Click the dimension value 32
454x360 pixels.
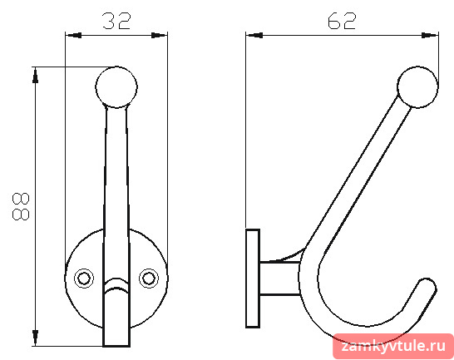[117, 21]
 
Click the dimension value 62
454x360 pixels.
[342, 21]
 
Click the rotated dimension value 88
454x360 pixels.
[21, 206]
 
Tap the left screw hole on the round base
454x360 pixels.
[84, 279]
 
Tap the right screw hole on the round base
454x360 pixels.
[149, 279]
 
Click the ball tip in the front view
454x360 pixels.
[116, 87]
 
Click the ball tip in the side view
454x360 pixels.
[417, 87]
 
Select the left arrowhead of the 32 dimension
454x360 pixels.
[73, 35]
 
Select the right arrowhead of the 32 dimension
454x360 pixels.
[160, 35]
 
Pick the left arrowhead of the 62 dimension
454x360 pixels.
[254, 35]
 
